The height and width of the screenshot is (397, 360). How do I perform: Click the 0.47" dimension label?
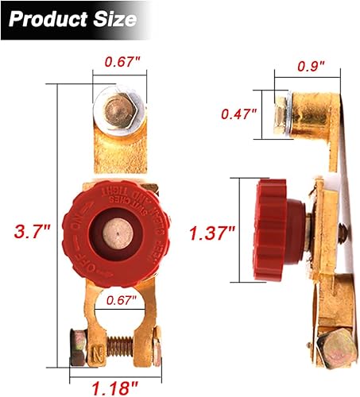[x=239, y=113]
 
